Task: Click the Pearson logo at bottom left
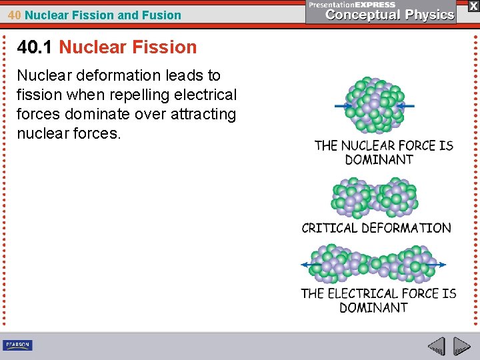click(x=17, y=345)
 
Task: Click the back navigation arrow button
click(x=437, y=346)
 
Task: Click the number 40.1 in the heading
click(x=35, y=47)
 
